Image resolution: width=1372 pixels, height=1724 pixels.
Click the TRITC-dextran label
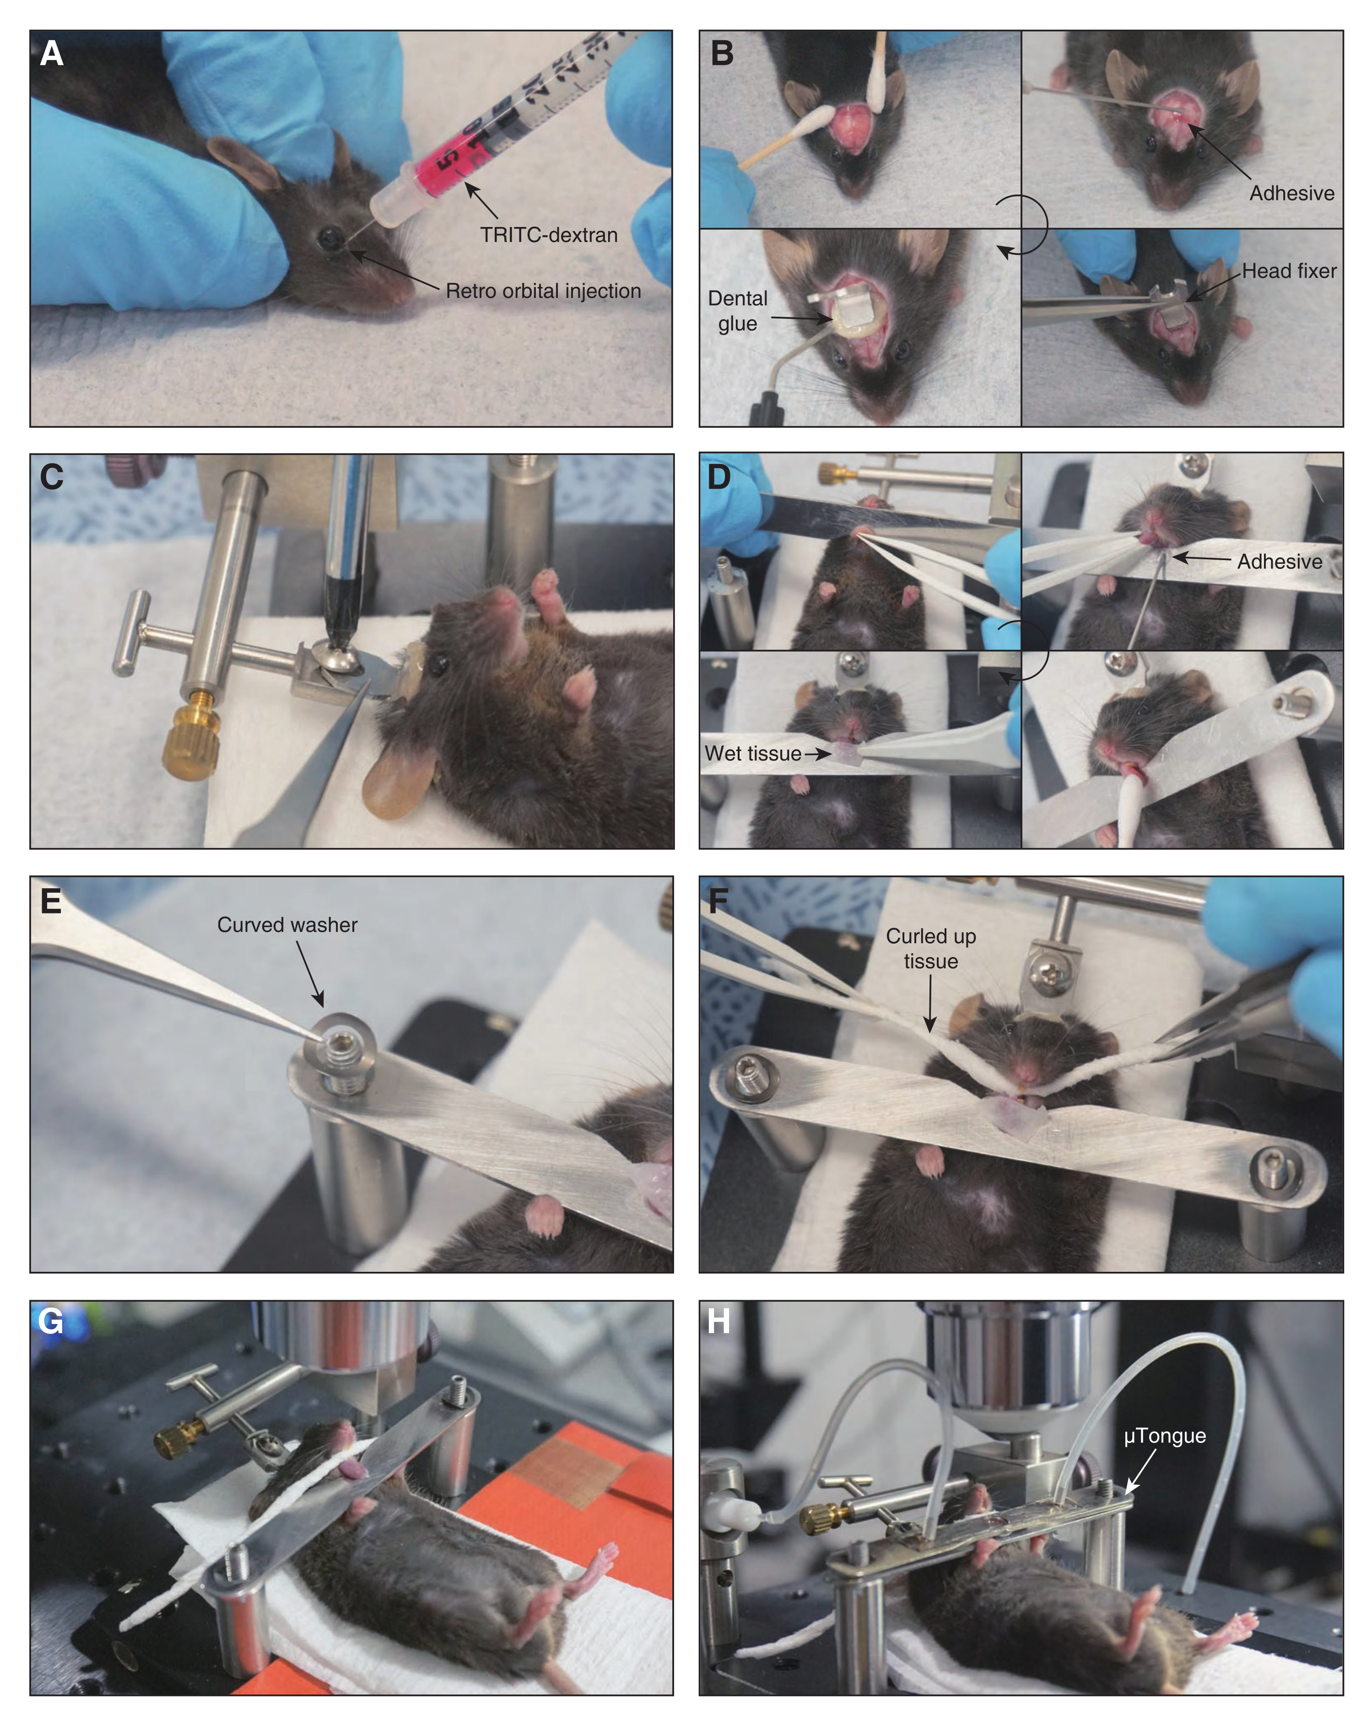tap(549, 235)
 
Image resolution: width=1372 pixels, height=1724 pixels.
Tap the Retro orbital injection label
tap(543, 291)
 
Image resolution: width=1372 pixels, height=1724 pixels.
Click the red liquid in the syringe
tap(448, 162)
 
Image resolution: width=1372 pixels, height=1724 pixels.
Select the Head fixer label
tap(1289, 271)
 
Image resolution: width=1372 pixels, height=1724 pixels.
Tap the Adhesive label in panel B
tap(1291, 194)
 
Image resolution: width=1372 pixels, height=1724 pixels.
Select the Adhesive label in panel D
tap(1279, 562)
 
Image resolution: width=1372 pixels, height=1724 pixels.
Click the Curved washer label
tap(287, 925)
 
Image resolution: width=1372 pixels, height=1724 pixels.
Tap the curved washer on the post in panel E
tap(342, 1046)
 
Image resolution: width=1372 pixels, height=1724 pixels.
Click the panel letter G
tap(50, 1321)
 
